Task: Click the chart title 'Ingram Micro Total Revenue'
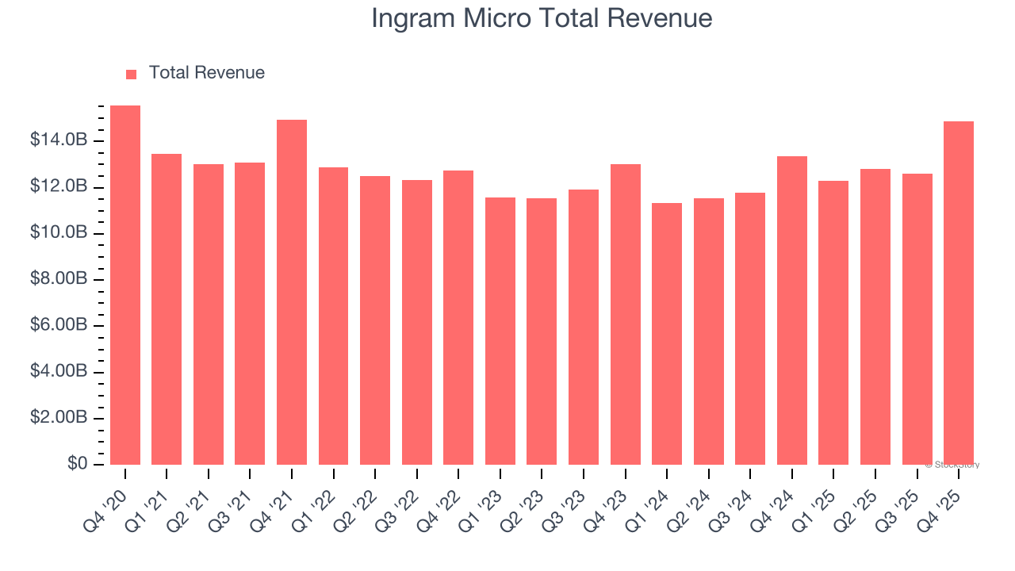coord(542,18)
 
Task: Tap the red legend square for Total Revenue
coord(132,74)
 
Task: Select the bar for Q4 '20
coord(125,285)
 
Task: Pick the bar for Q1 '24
coord(667,334)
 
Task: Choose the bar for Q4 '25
coord(959,293)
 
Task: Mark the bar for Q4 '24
coord(792,310)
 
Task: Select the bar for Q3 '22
coord(417,322)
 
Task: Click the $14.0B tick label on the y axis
coord(59,140)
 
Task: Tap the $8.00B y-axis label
coord(59,279)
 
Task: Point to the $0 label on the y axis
coord(76,464)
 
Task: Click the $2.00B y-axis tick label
coord(59,418)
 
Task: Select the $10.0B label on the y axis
coord(59,233)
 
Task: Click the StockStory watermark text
coord(952,465)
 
